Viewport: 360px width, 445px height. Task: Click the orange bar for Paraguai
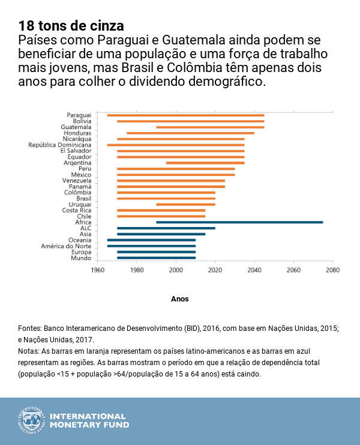[x=185, y=115]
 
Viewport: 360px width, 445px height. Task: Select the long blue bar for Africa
[x=239, y=222]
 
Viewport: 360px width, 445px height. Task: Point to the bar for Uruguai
[x=185, y=204]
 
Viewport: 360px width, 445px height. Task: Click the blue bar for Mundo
[x=156, y=258]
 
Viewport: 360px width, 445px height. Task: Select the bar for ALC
[x=166, y=228]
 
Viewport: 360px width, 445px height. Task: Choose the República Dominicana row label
[x=60, y=145]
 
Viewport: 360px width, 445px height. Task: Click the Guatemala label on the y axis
[x=76, y=127]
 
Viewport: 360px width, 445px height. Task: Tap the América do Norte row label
[x=66, y=246]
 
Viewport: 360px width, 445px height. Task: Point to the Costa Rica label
[x=77, y=210]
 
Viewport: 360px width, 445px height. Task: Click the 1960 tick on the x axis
[x=97, y=270]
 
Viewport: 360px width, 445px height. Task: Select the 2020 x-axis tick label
[x=215, y=270]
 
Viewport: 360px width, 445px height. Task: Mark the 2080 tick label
[x=332, y=270]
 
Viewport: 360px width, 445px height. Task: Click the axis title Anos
[x=179, y=298]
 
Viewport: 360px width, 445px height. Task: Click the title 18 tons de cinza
[x=71, y=26]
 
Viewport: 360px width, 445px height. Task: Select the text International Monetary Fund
[x=88, y=420]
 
